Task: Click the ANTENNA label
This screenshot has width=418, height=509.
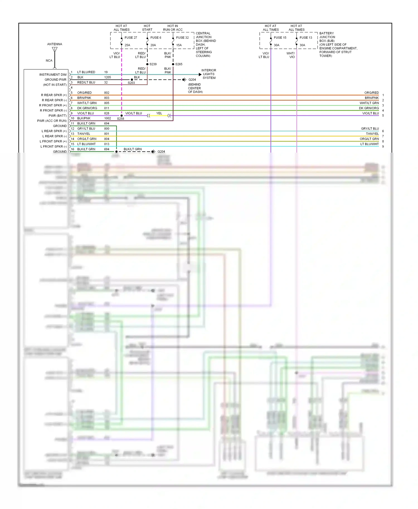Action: pos(55,44)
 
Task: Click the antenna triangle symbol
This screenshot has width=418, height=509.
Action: pos(55,50)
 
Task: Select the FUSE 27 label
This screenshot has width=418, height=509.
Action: pos(131,38)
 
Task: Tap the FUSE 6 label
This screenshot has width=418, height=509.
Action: pos(156,38)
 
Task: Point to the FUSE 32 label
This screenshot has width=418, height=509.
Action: pos(182,38)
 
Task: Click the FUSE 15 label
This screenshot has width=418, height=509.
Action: pos(280,38)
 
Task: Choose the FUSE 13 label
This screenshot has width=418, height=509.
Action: pos(306,38)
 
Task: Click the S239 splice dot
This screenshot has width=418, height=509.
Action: pos(147,64)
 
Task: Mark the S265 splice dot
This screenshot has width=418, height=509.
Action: pos(173,64)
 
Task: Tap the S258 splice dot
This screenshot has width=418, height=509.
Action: pos(121,116)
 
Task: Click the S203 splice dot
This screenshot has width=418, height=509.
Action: pos(132,80)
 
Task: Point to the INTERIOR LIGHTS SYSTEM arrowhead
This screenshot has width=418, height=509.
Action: pos(200,75)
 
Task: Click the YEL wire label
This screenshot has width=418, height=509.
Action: pos(159,113)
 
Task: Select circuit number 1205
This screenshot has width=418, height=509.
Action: pos(108,77)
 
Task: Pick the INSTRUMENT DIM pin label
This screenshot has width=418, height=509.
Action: pos(53,75)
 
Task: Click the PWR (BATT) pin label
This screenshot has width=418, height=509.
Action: pos(57,116)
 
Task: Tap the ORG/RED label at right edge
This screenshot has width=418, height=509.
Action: pos(371,93)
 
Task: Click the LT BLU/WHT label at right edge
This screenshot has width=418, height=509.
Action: pos(370,144)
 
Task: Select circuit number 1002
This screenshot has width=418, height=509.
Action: pos(108,118)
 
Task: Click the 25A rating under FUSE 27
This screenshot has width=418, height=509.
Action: pos(127,45)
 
